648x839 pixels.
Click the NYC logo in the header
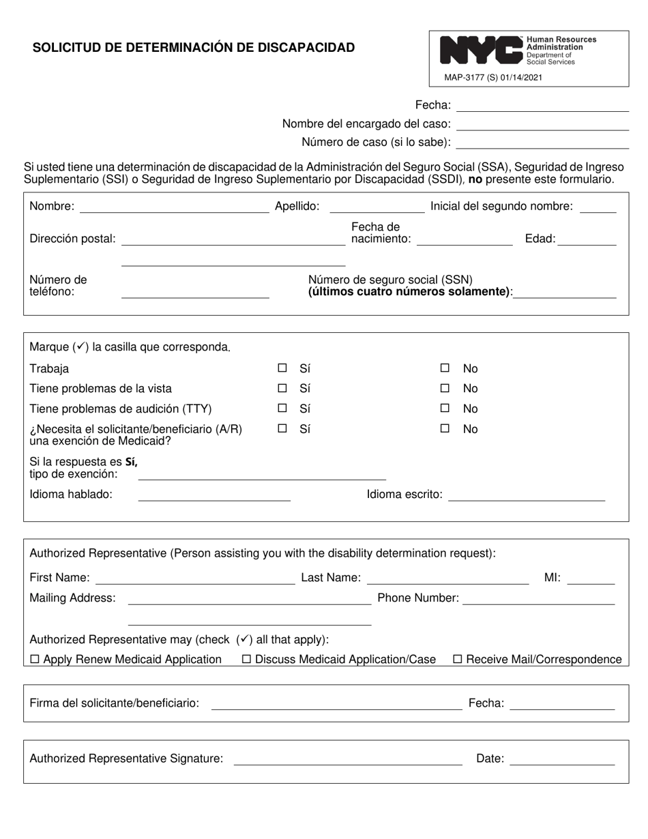(481, 50)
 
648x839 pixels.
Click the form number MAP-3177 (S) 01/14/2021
(493, 78)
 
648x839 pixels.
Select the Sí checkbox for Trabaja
(282, 368)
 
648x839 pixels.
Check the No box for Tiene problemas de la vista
(445, 388)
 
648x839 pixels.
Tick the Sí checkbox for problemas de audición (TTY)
(282, 409)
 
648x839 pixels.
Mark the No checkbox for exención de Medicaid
(445, 429)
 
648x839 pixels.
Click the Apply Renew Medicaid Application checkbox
(35, 660)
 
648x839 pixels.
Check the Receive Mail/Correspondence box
(458, 660)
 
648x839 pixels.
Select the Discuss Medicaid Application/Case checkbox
(247, 660)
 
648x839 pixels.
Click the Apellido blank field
(377, 207)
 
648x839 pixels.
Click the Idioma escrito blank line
(527, 496)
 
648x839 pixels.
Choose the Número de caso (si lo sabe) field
(542, 143)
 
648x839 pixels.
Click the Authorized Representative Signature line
(348, 760)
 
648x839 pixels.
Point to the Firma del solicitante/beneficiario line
(336, 704)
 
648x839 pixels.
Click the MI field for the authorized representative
(591, 579)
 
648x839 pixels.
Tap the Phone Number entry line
(539, 599)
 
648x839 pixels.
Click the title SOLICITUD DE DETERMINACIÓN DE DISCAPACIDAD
(194, 48)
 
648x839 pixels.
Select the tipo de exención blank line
(262, 475)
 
